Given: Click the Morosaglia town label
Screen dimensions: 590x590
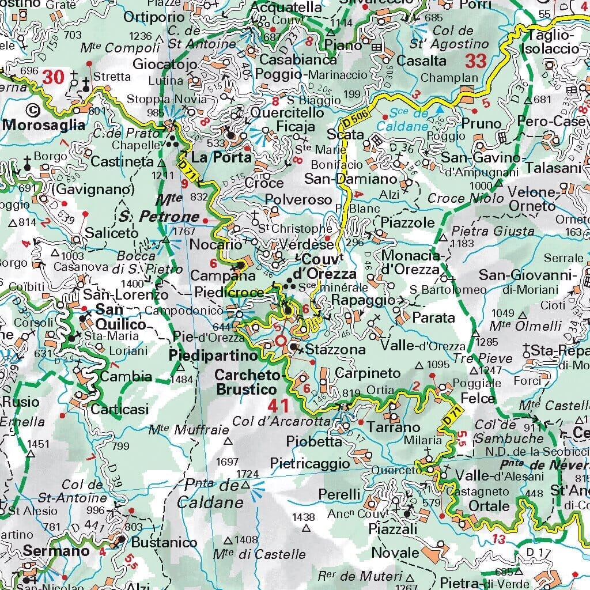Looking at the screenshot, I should (43, 125).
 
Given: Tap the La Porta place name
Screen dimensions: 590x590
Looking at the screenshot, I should (213, 157).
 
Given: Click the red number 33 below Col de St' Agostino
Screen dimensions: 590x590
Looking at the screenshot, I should (476, 60).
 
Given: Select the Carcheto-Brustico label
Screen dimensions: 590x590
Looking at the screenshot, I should (248, 382).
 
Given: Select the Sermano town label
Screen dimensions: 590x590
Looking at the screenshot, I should (56, 551).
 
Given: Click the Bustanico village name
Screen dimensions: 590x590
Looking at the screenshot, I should (156, 542).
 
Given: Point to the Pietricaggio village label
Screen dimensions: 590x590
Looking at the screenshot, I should (310, 463).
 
